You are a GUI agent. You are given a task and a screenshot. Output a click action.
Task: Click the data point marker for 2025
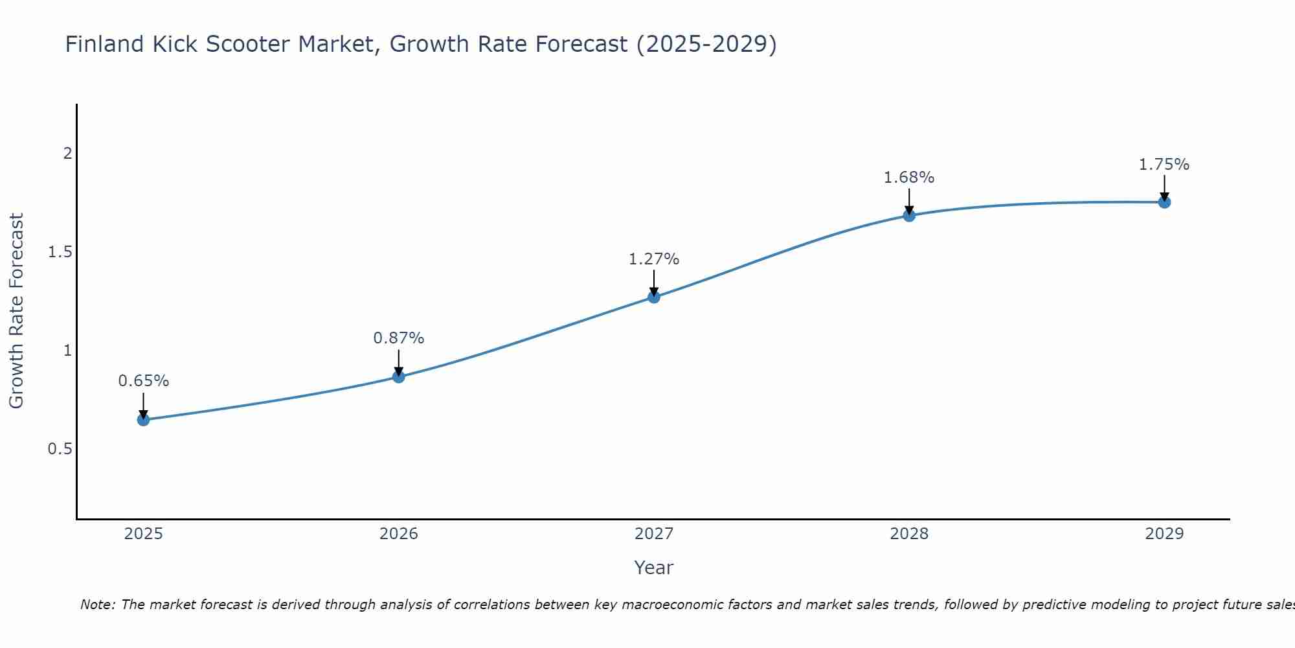click(x=143, y=420)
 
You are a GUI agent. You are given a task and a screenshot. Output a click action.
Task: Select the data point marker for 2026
click(x=398, y=376)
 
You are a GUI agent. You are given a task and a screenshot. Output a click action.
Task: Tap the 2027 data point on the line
click(x=653, y=297)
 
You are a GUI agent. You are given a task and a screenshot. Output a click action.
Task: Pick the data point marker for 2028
click(x=908, y=216)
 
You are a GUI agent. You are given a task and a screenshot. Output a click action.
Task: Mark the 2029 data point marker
click(x=1164, y=202)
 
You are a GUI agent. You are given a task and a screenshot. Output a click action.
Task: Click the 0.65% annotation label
click(x=143, y=381)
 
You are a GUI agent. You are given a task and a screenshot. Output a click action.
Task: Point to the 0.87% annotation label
click(x=398, y=338)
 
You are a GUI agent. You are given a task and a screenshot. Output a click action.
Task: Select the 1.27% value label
click(x=653, y=259)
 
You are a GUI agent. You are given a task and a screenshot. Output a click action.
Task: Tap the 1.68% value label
click(x=908, y=178)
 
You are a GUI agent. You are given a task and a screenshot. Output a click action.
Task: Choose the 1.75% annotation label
click(x=1164, y=165)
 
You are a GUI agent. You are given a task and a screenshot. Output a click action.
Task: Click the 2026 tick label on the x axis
click(x=398, y=534)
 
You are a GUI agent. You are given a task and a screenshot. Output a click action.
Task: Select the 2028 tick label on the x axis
click(x=908, y=534)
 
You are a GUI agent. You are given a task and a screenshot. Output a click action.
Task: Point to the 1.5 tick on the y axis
click(x=60, y=252)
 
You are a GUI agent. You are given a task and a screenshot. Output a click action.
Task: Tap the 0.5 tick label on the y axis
click(x=60, y=449)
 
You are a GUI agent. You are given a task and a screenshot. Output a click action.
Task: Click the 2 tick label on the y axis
click(x=67, y=154)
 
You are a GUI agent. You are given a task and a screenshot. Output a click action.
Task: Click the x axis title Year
click(x=653, y=568)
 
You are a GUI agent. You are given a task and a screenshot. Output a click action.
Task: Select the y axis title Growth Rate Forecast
click(x=16, y=311)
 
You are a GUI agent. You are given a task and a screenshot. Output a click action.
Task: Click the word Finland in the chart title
click(x=104, y=44)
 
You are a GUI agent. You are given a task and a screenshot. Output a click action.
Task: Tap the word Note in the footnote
click(x=96, y=605)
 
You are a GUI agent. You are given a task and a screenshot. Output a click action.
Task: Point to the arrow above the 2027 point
click(x=653, y=283)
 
